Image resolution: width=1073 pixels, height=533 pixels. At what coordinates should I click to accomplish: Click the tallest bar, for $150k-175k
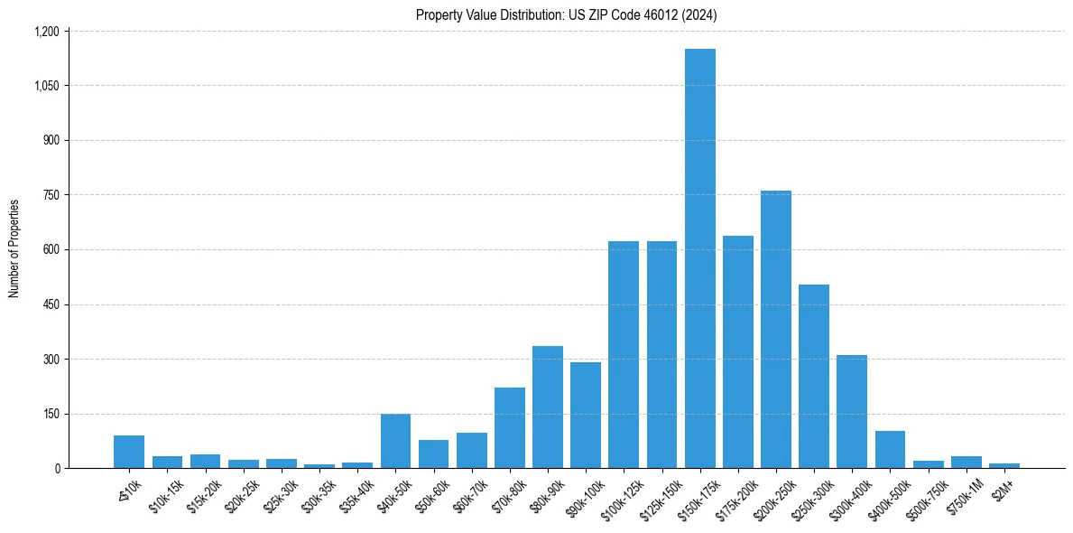699,258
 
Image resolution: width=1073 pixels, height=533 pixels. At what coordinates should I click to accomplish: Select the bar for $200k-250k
776,330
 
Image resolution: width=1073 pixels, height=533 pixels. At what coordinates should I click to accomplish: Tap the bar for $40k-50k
395,441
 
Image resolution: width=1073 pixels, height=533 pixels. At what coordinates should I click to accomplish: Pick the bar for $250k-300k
814,377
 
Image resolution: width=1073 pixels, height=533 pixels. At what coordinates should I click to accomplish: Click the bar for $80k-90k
548,407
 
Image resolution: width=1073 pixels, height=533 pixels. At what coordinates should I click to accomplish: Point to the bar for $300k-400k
852,412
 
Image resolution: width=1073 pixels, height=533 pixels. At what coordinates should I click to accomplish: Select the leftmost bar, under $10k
129,452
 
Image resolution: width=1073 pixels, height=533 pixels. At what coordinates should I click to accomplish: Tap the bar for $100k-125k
624,355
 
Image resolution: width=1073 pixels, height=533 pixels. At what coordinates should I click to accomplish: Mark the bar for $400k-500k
890,450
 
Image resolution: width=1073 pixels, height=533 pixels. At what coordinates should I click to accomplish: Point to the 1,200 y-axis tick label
46,32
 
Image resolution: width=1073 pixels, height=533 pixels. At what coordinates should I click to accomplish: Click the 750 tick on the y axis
51,195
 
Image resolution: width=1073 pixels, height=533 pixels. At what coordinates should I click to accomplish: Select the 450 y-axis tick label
51,304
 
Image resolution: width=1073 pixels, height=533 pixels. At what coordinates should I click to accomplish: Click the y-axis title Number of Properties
14,248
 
